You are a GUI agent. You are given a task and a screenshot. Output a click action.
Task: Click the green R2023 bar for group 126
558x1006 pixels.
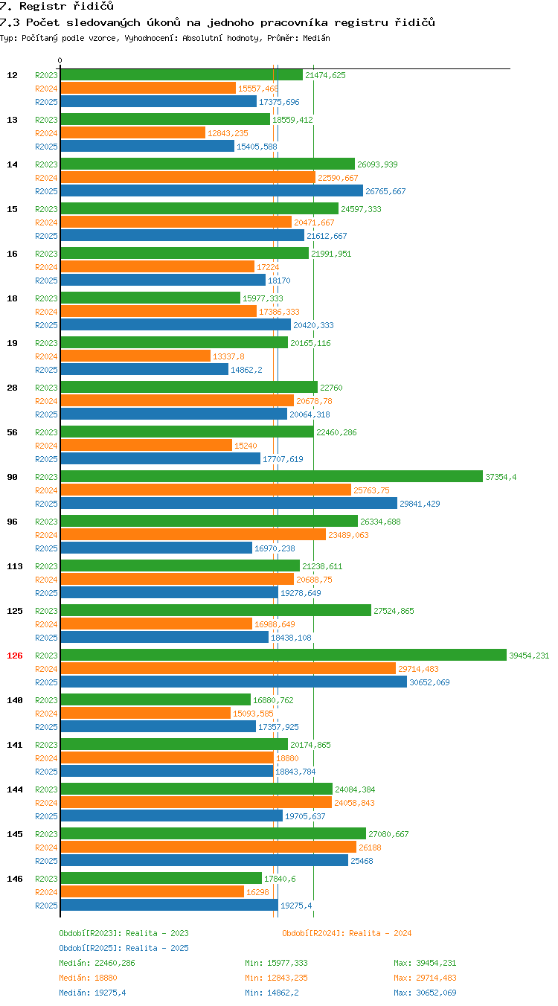283,655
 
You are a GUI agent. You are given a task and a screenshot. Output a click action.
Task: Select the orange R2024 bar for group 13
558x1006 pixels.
133,132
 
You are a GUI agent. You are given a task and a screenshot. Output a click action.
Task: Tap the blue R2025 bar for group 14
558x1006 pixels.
211,190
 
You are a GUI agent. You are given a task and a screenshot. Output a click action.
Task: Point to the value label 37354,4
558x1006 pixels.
501,477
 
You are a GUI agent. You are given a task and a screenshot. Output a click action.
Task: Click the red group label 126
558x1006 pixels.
14,656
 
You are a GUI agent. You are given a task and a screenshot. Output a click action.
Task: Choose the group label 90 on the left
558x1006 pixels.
12,477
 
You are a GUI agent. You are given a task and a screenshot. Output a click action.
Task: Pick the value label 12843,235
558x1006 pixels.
228,133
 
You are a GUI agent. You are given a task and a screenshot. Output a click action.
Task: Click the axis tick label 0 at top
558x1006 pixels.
60,60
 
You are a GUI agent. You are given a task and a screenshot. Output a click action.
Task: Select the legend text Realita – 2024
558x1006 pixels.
379,933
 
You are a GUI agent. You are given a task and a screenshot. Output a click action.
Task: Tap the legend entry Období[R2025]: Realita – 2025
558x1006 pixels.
124,948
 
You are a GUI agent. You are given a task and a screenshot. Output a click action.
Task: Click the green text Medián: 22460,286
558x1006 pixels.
97,962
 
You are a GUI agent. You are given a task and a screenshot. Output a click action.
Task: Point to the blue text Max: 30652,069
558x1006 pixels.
425,992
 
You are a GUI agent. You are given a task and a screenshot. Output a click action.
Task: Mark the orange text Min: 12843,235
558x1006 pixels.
276,977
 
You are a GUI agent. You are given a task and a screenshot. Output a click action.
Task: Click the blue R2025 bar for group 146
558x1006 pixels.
169,905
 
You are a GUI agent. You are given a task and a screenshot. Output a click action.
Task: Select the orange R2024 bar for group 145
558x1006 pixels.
208,847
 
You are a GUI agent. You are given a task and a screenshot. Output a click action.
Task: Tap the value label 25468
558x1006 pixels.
362,860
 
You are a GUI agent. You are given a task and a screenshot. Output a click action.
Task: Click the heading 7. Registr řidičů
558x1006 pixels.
57,6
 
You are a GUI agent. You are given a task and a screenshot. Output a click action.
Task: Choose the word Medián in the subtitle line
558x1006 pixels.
316,38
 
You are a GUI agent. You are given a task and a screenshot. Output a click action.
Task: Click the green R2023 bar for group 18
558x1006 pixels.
150,298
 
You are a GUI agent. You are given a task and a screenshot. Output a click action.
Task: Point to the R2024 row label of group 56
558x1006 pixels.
46,446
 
